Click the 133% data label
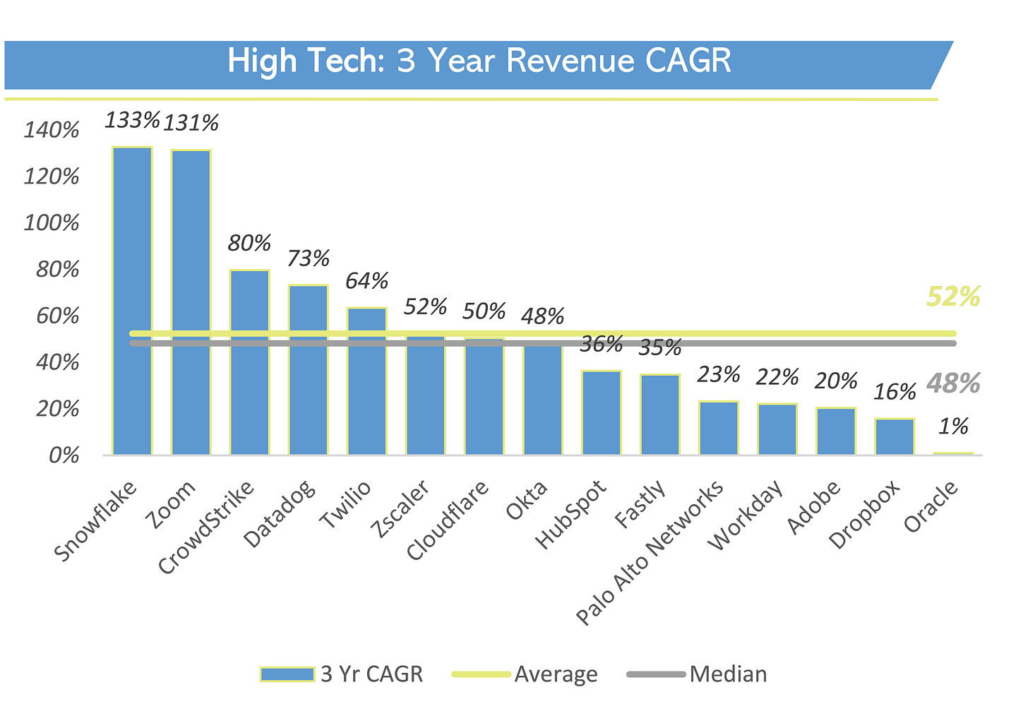133,119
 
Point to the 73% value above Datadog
309,258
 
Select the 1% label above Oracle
952,426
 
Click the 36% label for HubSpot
601,344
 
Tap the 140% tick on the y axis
52,130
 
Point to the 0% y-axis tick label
64,455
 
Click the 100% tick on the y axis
52,223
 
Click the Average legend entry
556,674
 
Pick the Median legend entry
728,674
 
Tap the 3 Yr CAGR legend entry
371,674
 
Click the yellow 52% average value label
953,297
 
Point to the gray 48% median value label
953,383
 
